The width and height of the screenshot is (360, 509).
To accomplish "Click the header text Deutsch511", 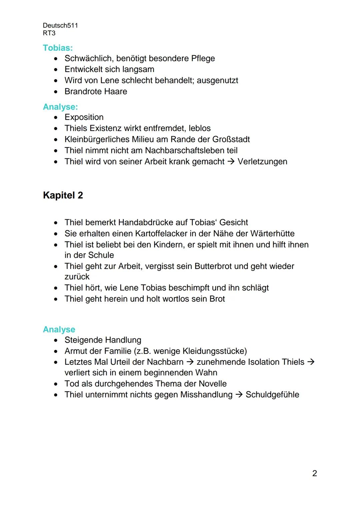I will coord(60,26).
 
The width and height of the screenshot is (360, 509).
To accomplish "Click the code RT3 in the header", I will coord(49,33).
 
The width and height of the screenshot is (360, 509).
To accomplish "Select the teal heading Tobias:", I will coord(58,48).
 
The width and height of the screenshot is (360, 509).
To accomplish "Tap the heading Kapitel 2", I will coord(63,195).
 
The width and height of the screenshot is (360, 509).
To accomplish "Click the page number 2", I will coord(314,473).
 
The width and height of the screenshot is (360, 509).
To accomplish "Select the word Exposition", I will coord(84,117).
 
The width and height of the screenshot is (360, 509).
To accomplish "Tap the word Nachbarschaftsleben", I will coord(191,151).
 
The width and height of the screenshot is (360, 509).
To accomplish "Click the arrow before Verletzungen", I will coord(231,162).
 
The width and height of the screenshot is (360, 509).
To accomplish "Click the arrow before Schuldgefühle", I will coord(239,395).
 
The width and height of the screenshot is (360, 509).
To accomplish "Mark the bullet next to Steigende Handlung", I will coord(56,340).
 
